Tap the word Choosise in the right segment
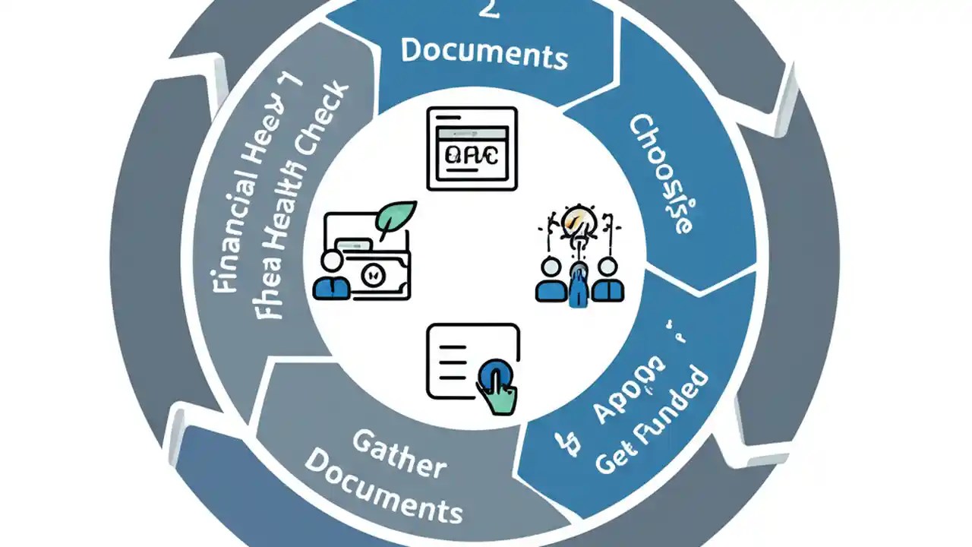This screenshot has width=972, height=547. tap(661, 175)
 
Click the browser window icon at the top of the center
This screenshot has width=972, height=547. tap(472, 148)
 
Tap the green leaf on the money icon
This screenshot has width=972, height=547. tap(396, 219)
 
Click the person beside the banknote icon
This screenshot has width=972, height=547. tap(331, 277)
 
